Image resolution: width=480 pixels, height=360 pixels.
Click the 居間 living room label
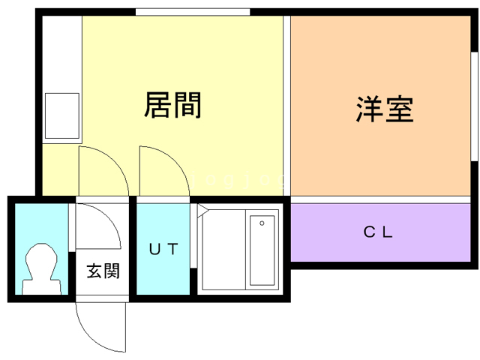tap(172, 106)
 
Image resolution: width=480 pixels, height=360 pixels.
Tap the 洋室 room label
tap(385, 111)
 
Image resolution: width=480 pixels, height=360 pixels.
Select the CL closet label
tap(379, 232)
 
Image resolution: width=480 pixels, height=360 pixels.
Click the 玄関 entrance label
tap(102, 271)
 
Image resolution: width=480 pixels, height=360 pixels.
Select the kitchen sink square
tap(61, 116)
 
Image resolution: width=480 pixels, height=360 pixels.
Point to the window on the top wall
tap(192, 12)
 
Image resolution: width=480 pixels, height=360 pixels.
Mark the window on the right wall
tap(474, 106)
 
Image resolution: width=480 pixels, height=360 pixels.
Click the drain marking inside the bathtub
tap(262, 223)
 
